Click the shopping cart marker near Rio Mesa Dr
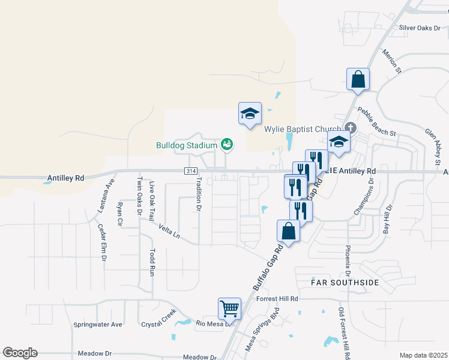[x=229, y=309]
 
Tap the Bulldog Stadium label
[x=186, y=145]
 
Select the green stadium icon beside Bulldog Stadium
[x=227, y=144]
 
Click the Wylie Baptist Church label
[x=303, y=128]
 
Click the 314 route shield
[x=191, y=171]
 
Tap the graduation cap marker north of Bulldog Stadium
[x=250, y=113]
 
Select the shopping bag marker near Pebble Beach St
[x=358, y=79]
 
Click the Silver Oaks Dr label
[x=420, y=28]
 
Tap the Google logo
[x=20, y=353]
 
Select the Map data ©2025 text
[x=423, y=355]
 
